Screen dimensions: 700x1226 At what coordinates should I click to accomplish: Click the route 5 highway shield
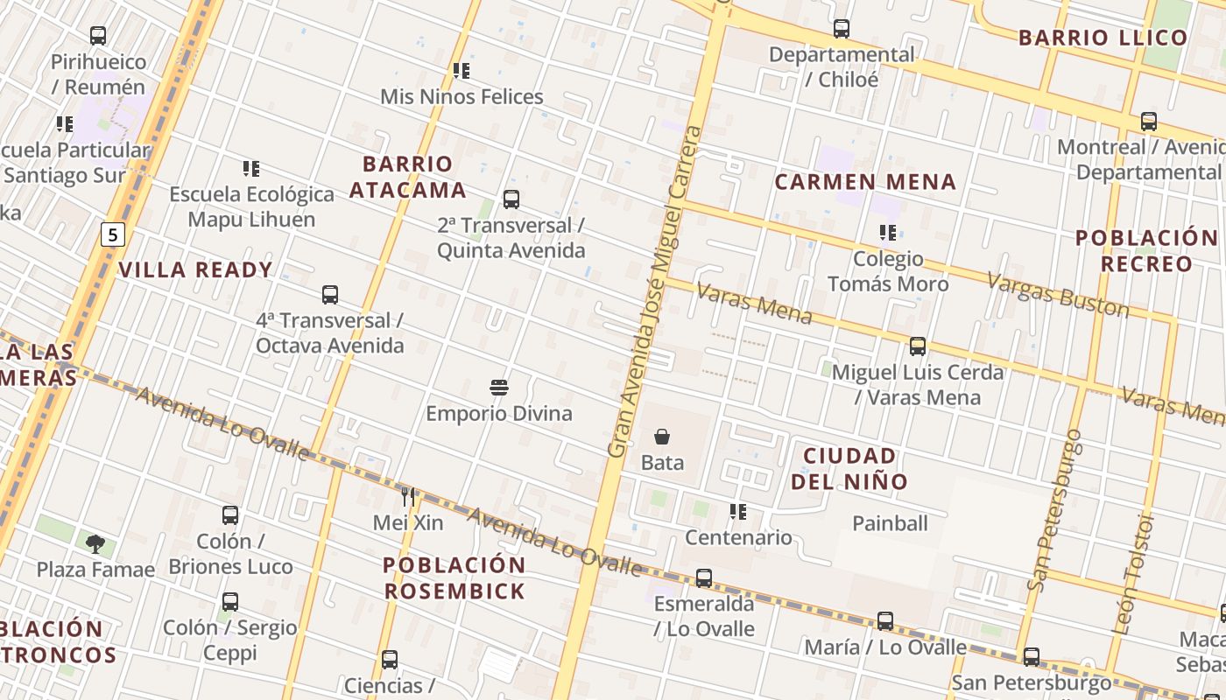[113, 234]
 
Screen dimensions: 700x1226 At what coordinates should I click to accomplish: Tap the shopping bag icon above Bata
[662, 436]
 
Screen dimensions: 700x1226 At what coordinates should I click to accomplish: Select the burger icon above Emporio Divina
[499, 387]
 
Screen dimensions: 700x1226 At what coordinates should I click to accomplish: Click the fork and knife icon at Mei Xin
[408, 497]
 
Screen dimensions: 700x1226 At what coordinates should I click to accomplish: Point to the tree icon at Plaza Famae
[95, 544]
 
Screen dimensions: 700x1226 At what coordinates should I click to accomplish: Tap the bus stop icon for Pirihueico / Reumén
[98, 36]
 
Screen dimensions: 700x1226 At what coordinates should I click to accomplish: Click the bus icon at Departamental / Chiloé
[842, 29]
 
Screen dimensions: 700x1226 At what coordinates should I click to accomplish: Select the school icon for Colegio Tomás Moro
[888, 233]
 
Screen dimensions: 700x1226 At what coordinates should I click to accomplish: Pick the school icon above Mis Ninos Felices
[462, 71]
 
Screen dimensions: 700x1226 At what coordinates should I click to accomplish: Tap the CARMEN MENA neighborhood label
[865, 182]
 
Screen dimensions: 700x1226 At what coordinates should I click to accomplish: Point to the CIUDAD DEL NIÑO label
[849, 468]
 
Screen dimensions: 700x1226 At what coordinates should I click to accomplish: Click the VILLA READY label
[196, 269]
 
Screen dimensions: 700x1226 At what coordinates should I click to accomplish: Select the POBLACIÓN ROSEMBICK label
[454, 577]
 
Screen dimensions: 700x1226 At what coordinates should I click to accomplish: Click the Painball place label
[890, 523]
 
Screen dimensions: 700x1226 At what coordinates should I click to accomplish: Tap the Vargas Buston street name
[1058, 294]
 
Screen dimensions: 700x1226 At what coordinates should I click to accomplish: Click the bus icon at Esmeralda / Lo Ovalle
[704, 578]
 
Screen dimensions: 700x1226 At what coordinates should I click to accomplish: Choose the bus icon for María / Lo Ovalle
[885, 621]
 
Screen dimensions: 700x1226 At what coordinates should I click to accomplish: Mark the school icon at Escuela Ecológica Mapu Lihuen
[251, 168]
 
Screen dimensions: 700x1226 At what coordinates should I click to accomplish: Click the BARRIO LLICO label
[1103, 38]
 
